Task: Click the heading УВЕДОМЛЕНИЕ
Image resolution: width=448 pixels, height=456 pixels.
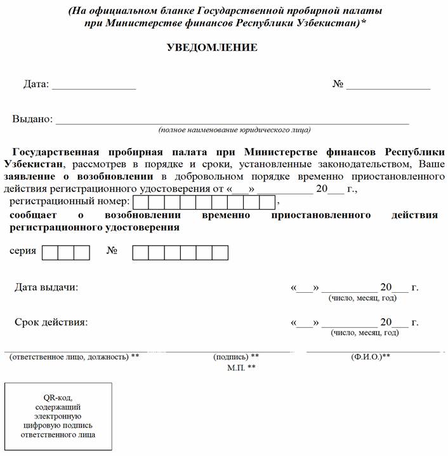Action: (x=211, y=48)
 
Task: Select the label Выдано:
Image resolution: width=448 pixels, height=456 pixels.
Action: (x=32, y=119)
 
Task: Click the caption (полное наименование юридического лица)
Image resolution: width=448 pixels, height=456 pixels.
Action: (x=234, y=130)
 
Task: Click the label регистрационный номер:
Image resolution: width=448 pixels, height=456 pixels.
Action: (x=69, y=202)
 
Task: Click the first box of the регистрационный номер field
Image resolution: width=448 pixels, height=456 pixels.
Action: (x=142, y=203)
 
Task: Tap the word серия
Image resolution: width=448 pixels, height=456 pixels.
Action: (x=23, y=251)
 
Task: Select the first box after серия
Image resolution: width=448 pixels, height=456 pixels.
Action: (x=50, y=252)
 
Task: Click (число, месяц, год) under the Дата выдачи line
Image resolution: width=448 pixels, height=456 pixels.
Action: (x=362, y=298)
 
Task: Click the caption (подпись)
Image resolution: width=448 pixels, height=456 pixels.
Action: (x=235, y=357)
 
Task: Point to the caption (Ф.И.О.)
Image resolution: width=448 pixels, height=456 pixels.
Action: (x=370, y=357)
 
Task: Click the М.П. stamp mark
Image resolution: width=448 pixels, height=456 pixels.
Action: (x=241, y=368)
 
